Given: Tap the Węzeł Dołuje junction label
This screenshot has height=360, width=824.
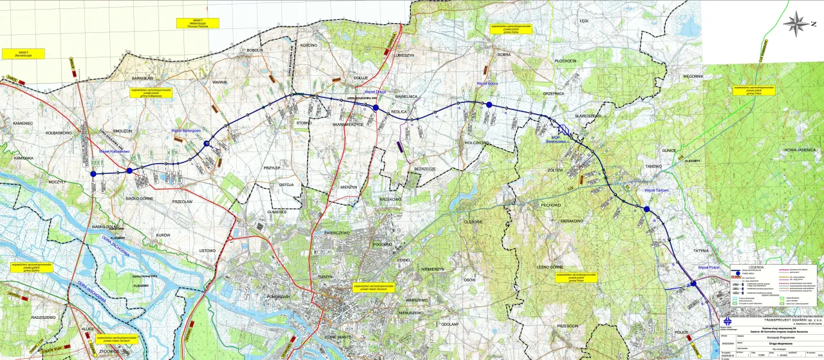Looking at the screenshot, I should pyautogui.click(x=375, y=92).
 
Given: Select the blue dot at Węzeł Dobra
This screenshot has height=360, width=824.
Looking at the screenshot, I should pyautogui.click(x=489, y=104).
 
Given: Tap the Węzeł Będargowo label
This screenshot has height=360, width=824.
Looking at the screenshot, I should pyautogui.click(x=186, y=130).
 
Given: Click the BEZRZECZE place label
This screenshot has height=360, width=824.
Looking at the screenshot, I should pyautogui.click(x=425, y=169).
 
